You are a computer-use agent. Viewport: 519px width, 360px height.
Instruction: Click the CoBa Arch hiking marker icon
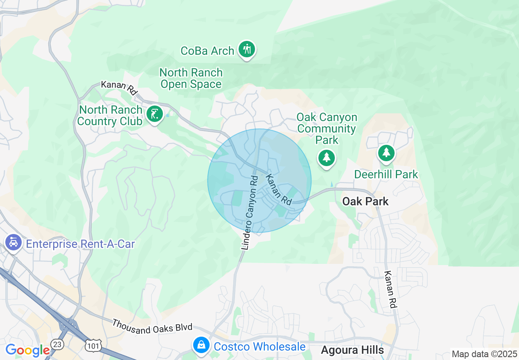pos(246,49)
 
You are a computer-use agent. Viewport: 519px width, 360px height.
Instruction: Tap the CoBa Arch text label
pos(208,51)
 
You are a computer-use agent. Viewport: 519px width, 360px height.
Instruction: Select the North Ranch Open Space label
pos(191,79)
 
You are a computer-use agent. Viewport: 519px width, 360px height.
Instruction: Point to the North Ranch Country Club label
pos(110,116)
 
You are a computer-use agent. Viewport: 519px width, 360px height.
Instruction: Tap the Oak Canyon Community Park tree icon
pos(326,157)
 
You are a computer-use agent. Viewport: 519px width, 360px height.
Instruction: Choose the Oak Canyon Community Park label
pos(327,129)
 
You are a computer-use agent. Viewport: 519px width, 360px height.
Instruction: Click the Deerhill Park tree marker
pos(386,153)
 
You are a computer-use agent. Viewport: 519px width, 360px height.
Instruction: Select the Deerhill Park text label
pos(386,175)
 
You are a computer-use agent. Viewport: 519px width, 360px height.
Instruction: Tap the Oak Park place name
pos(366,201)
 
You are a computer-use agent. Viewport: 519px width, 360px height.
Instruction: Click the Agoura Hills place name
pos(352,350)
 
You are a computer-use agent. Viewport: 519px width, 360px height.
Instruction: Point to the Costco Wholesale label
pos(259,347)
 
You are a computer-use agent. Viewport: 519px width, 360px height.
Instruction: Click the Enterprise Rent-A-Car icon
pos(14,243)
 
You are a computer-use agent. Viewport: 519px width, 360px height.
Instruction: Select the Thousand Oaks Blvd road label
pos(152,326)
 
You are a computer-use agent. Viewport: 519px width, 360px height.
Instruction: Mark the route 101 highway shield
pos(91,346)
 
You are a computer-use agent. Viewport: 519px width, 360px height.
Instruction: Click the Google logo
pos(27,350)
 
